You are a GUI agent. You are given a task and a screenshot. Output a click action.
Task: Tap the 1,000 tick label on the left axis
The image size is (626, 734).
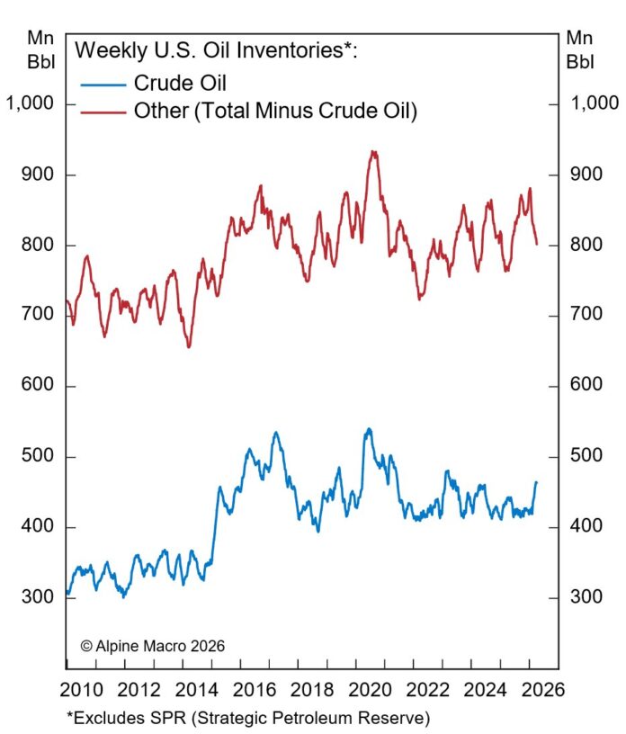[29, 104]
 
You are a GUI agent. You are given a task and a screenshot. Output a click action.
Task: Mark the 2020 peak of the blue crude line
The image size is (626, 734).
[369, 429]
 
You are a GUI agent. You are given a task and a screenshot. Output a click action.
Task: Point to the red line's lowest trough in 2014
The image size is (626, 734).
[189, 347]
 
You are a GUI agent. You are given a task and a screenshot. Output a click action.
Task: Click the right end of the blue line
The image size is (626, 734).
[536, 483]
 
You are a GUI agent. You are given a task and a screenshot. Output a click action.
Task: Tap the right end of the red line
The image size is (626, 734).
[537, 244]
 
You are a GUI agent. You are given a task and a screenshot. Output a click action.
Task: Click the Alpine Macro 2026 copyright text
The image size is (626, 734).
[152, 646]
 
